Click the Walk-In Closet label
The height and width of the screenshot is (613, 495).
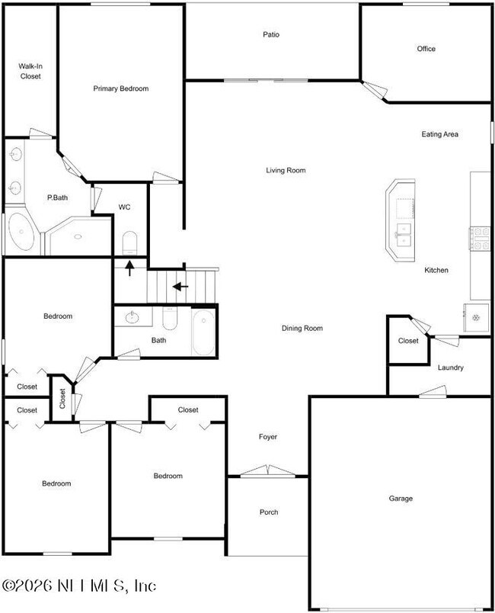pos(30,71)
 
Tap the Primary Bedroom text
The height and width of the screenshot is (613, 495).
pos(120,88)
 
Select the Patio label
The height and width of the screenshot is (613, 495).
pos(271,34)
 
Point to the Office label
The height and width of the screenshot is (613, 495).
pos(426,49)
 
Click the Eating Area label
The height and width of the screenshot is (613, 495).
pos(440,134)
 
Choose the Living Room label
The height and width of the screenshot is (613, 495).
pos(286,170)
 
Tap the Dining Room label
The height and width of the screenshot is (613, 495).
pos(302,328)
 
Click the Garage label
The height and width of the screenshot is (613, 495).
pos(401,498)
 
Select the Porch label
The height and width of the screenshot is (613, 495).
pos(268,512)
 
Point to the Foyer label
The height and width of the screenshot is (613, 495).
pos(267,437)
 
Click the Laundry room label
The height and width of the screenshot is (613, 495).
pos(450,367)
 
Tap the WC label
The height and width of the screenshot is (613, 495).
pos(126,207)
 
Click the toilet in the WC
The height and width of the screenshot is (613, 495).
pos(129,242)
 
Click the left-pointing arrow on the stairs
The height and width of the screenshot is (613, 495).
pos(180,287)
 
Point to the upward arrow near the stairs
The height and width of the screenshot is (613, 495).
pos(129,268)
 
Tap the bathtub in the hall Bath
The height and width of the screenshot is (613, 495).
pos(203,332)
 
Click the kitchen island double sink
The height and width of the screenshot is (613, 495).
pos(402,234)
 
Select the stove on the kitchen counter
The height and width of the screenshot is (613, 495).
pos(481,239)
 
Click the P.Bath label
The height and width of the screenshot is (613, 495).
pos(57,197)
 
